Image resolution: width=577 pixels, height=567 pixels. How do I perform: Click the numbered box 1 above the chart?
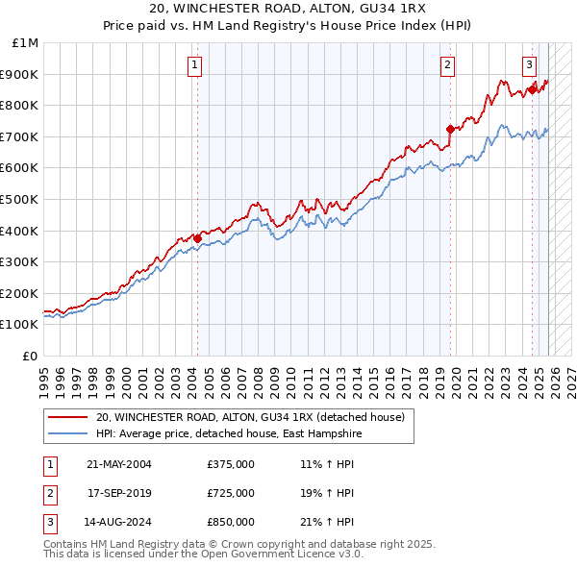(x=195, y=65)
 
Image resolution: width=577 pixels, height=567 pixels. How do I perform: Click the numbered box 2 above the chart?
(x=448, y=65)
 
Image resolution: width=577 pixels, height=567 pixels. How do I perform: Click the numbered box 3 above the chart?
(x=529, y=65)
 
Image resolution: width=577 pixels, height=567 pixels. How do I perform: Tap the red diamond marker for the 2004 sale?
(x=197, y=238)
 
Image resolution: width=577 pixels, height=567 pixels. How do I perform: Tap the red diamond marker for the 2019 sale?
(x=450, y=128)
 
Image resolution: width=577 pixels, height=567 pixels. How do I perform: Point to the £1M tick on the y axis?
(x=26, y=43)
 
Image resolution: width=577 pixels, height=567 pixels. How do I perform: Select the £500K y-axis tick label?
(x=20, y=199)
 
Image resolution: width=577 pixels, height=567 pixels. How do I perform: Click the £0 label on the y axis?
(x=30, y=356)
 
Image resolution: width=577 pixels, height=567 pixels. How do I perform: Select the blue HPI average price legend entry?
(x=228, y=434)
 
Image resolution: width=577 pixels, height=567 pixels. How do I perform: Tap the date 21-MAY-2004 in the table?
(x=119, y=464)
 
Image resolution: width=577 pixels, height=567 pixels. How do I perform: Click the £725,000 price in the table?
(x=231, y=493)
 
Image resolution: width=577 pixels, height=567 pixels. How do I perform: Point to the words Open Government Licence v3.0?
(x=279, y=554)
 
